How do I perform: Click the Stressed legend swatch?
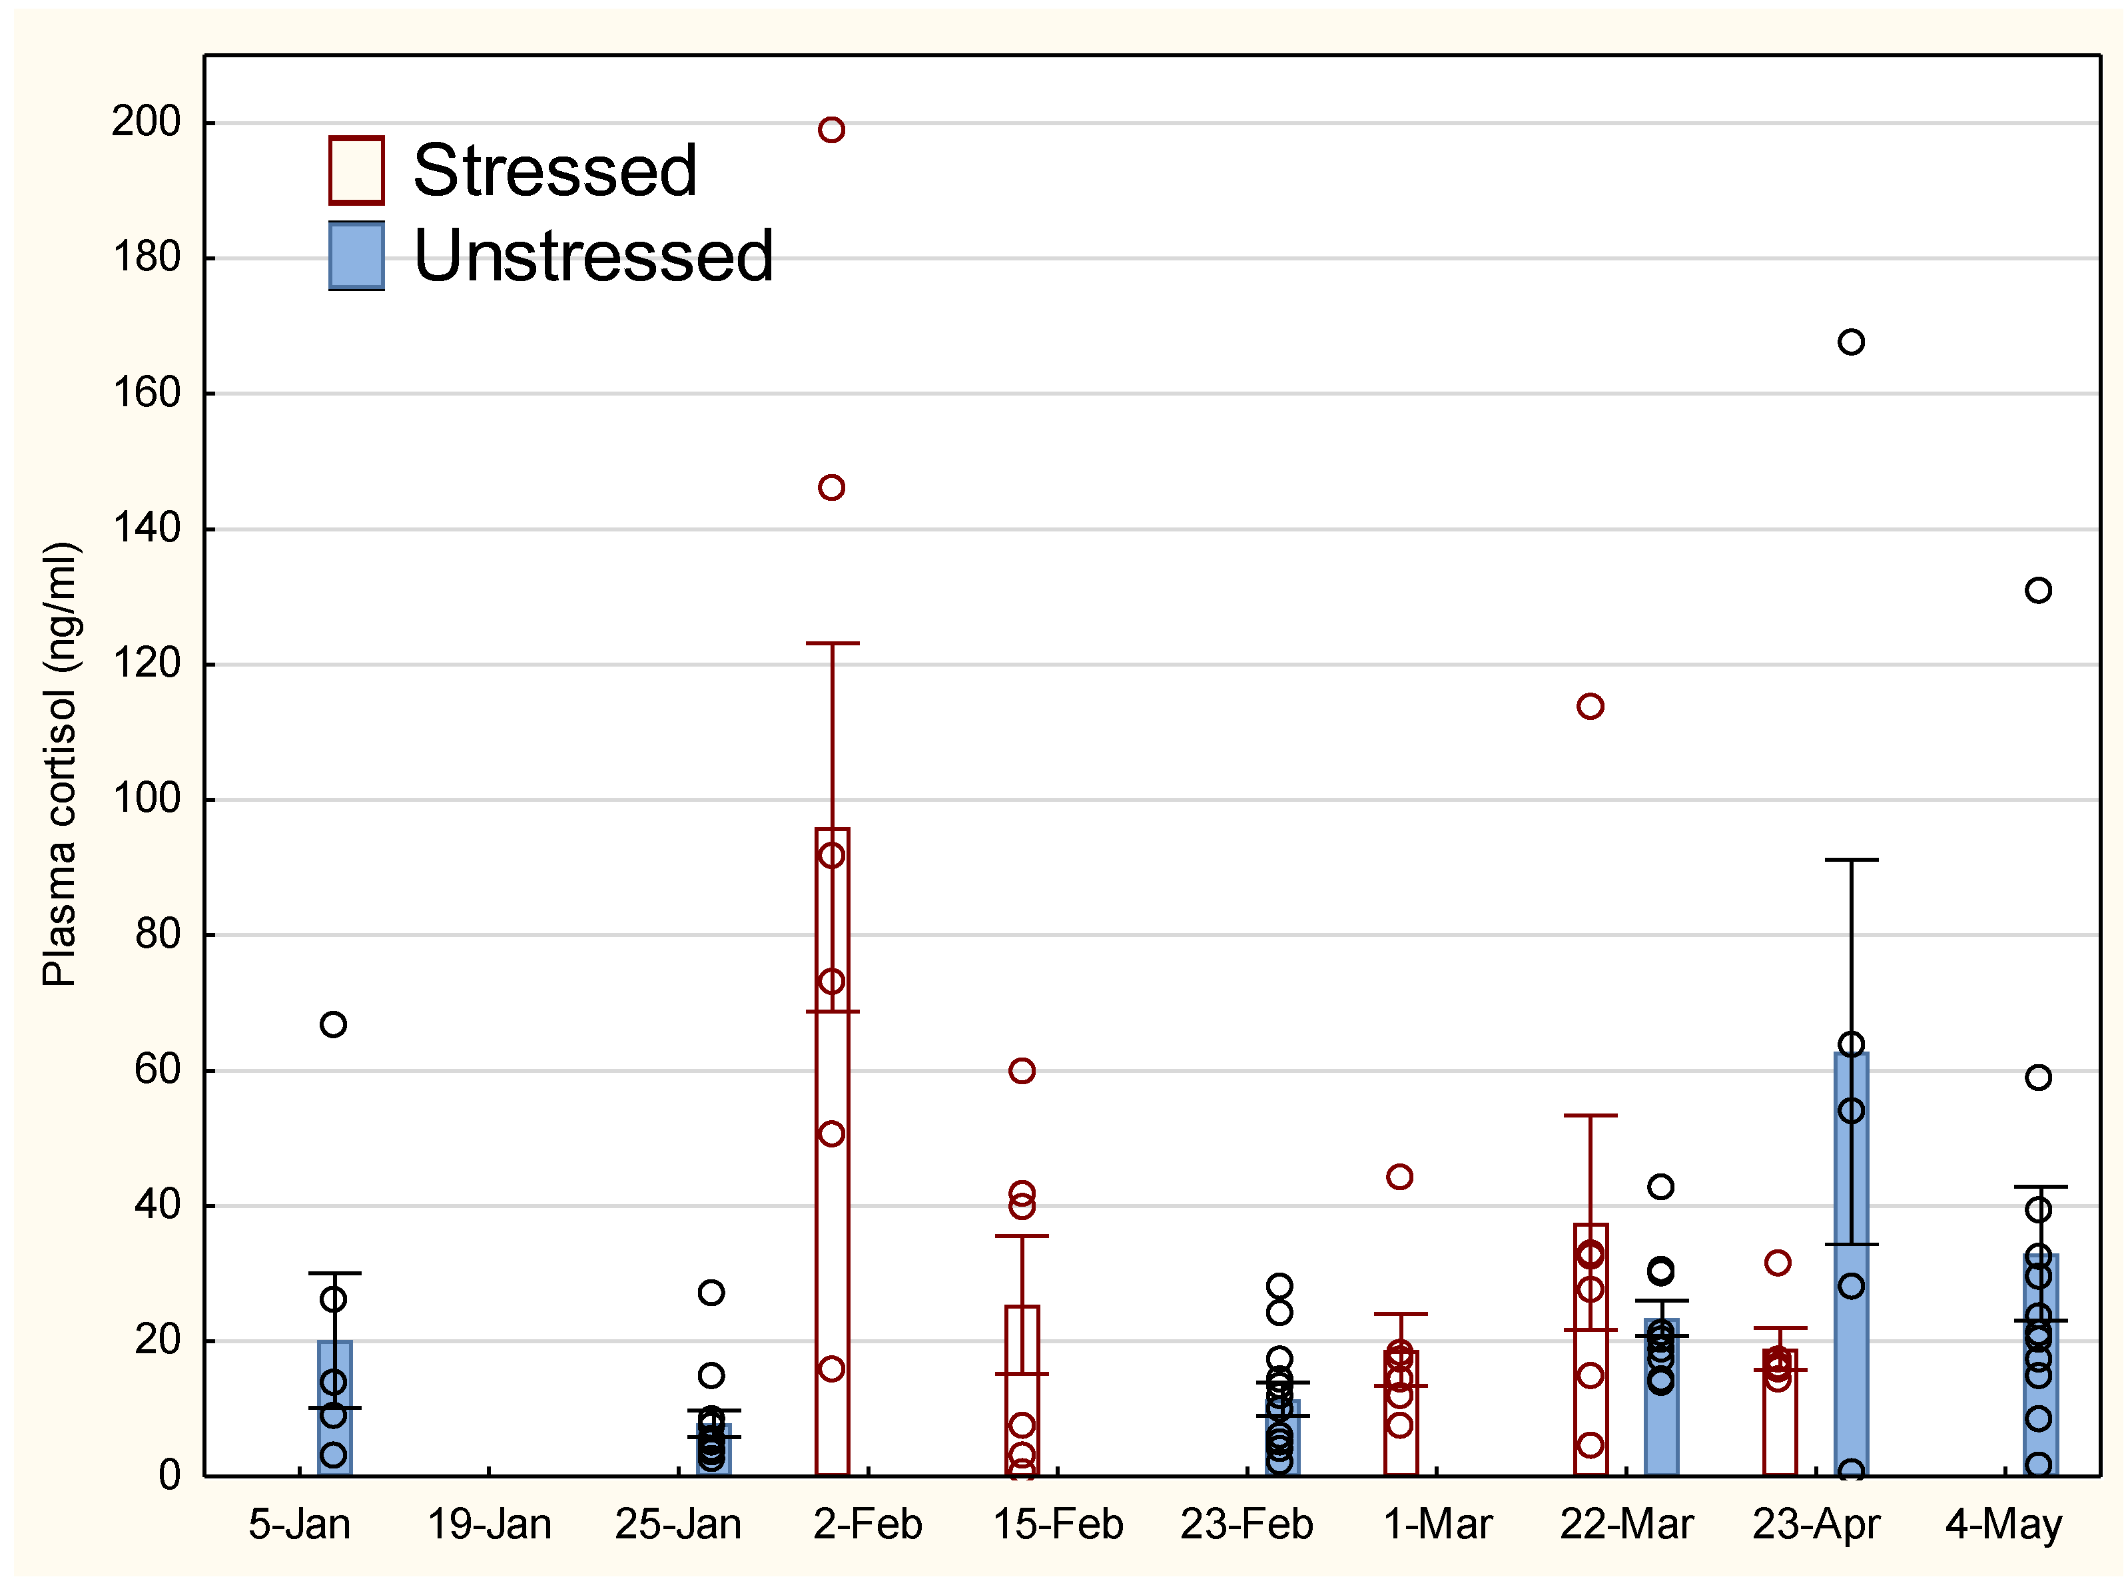pos(356,170)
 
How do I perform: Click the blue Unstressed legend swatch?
pos(356,256)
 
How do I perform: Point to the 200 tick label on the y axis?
pos(145,122)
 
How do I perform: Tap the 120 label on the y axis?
pos(145,663)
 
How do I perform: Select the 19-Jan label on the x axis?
pos(488,1524)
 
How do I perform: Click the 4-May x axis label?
pos(2003,1524)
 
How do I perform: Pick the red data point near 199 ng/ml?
pos(831,129)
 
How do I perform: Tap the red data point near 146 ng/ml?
pos(831,487)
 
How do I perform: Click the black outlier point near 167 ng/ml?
pos(1850,342)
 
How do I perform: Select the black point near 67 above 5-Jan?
pos(333,1024)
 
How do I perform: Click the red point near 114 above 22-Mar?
pos(1590,707)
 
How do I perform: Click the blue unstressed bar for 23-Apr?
pos(1850,1340)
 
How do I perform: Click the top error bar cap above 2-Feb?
pos(832,643)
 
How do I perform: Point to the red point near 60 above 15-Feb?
pos(1022,1070)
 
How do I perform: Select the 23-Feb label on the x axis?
pos(1245,1524)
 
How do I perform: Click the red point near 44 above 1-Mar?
pos(1399,1176)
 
